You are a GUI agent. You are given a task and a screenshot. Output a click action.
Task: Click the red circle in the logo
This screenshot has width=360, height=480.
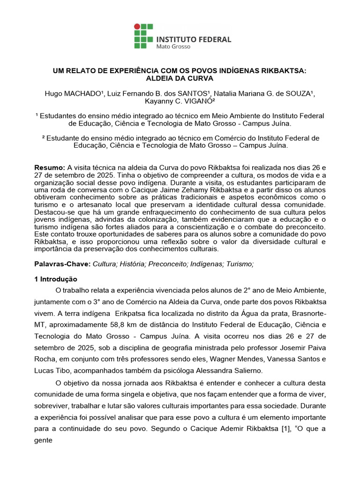pyautogui.click(x=137, y=27)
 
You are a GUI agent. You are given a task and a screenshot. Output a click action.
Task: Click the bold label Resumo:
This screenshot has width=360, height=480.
pyautogui.click(x=50, y=168)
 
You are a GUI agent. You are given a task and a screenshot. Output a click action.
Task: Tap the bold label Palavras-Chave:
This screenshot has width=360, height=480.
pyautogui.click(x=63, y=264)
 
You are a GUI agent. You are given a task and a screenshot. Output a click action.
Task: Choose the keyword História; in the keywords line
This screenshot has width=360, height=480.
pyautogui.click(x=133, y=264)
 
